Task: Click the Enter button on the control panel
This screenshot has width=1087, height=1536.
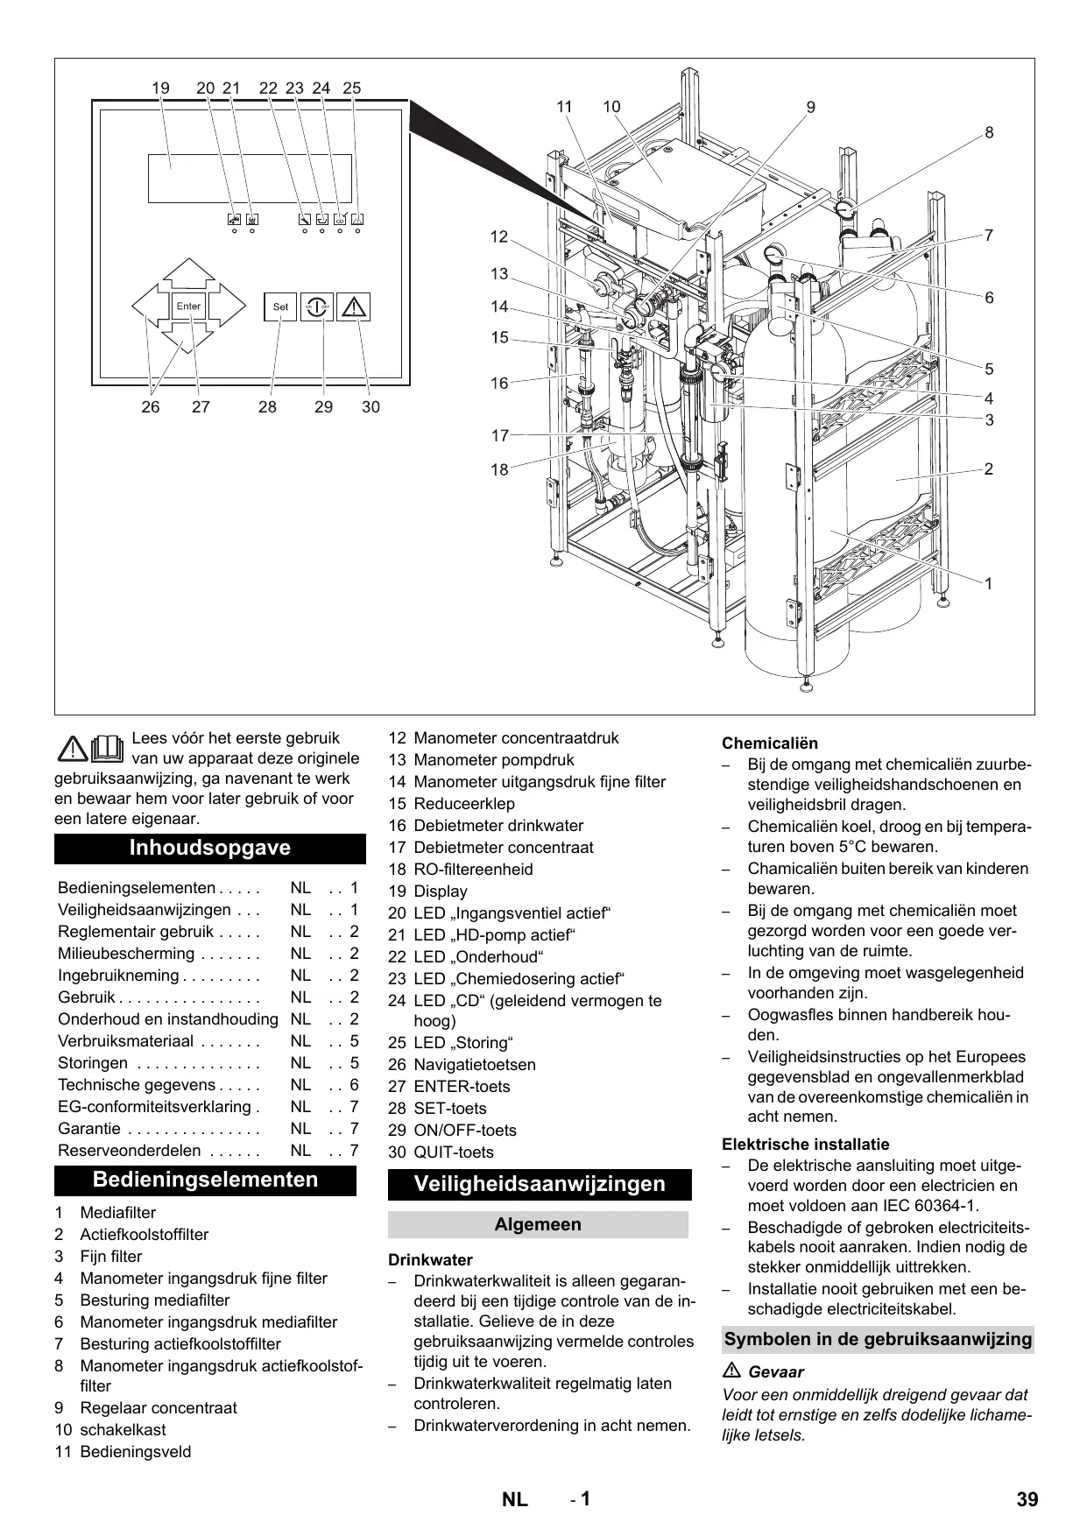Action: [x=188, y=306]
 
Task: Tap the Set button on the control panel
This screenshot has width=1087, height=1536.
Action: [x=280, y=306]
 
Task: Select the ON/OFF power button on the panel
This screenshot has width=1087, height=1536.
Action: [x=317, y=306]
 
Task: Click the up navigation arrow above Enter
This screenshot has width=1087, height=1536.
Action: [x=188, y=274]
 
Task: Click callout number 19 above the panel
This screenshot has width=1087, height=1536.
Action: [x=160, y=88]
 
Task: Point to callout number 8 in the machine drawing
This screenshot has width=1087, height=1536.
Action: [x=989, y=133]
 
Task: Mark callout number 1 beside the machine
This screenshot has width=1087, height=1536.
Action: [x=989, y=583]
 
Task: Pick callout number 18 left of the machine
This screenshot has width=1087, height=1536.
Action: [x=499, y=469]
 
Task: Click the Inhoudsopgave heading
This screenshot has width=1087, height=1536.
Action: [x=210, y=848]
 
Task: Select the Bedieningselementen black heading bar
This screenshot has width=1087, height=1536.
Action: [x=206, y=1180]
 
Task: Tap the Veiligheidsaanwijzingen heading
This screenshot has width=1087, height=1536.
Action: [x=540, y=1184]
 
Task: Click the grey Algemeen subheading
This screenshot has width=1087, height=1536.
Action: [x=538, y=1224]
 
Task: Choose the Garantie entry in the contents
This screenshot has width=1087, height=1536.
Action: [x=89, y=1129]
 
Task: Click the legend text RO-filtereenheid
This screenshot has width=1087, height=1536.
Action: [x=473, y=870]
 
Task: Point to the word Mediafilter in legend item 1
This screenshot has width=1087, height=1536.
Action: [x=117, y=1213]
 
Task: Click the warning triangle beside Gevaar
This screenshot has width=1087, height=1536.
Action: [x=731, y=1371]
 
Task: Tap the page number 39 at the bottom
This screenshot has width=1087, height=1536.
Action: [x=1027, y=1499]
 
